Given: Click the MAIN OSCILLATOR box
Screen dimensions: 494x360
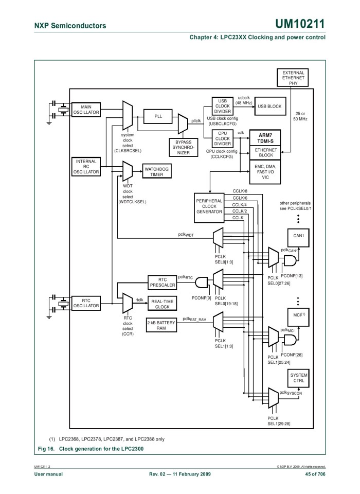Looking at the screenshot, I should [86, 110].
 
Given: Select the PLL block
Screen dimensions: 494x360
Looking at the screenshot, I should [158, 117].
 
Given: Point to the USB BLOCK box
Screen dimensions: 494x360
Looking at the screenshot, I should [269, 107].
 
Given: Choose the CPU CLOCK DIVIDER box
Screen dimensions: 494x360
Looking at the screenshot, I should [223, 138].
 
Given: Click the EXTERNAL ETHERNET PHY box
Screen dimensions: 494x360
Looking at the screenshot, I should [293, 77].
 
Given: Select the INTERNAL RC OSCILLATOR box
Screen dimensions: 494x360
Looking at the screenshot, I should [86, 167].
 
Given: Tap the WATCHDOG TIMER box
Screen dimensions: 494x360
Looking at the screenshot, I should [156, 171].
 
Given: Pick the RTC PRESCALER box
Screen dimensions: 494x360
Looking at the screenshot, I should [163, 283].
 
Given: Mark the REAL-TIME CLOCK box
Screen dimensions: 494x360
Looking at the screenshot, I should [163, 304].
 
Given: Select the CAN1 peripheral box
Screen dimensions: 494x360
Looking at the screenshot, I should [299, 236].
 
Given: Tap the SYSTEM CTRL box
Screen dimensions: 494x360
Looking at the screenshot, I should [299, 378].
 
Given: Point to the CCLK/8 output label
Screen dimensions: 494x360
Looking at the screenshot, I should [240, 191].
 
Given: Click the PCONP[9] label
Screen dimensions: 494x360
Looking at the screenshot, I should [201, 298].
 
